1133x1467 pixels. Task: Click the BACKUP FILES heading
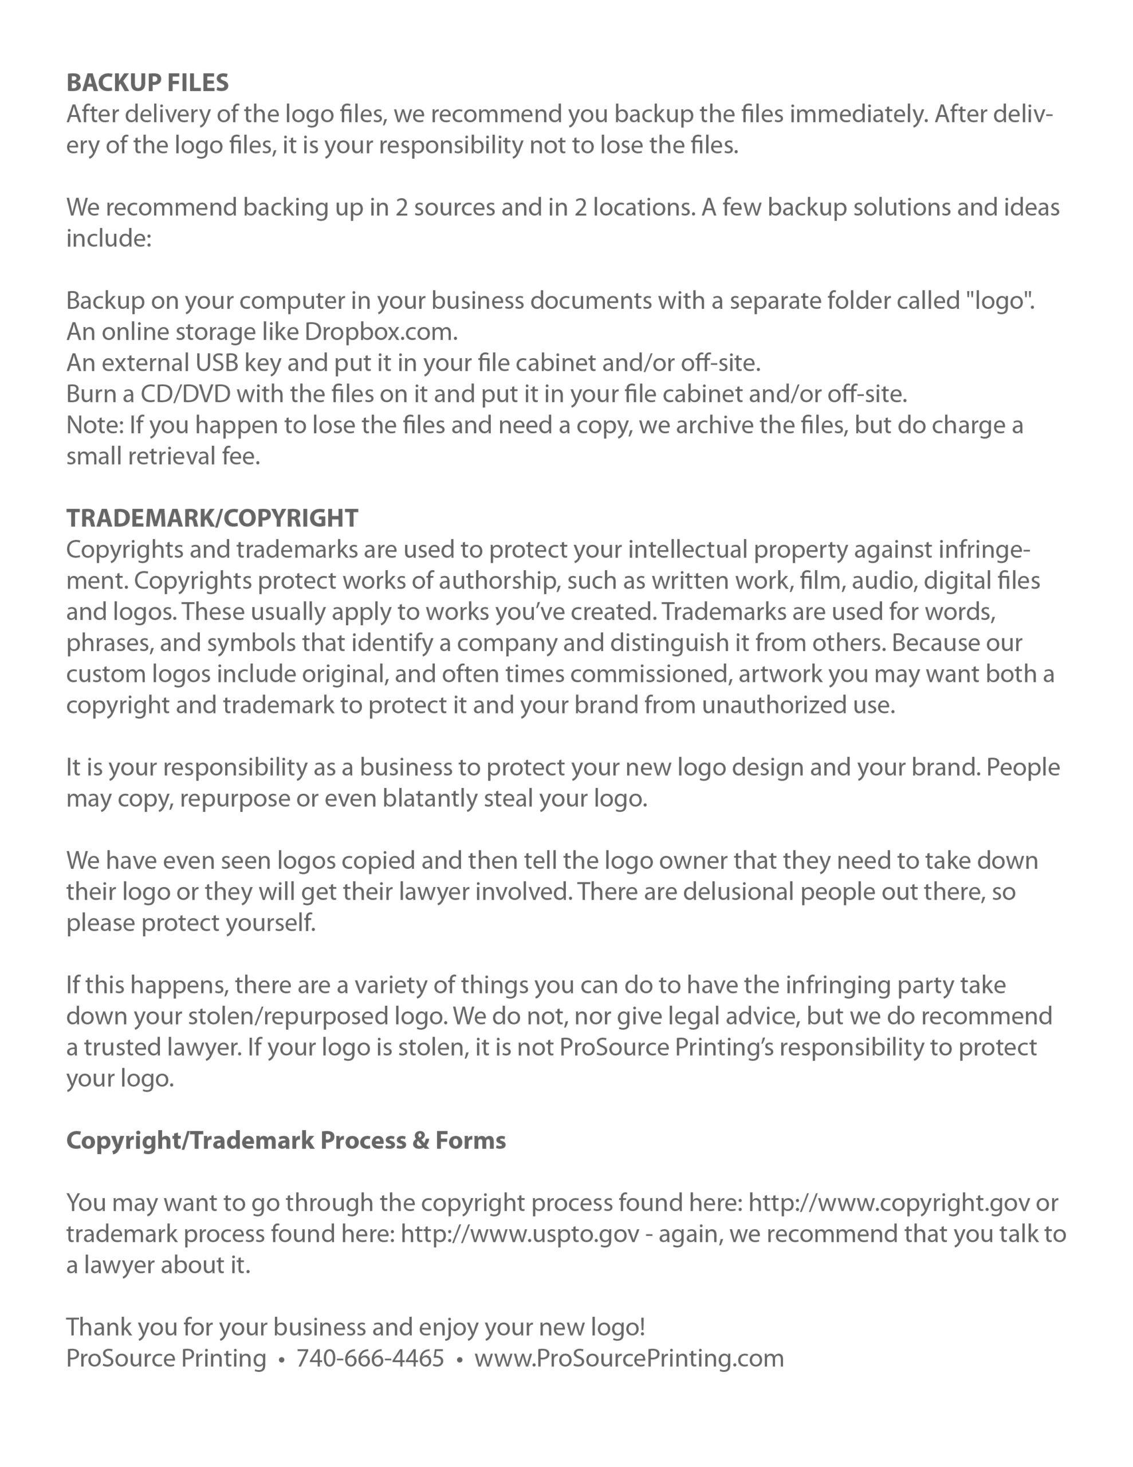point(147,83)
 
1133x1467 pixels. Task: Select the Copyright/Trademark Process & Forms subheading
point(285,1140)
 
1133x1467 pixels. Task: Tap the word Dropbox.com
point(381,331)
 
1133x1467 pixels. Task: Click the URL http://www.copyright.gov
point(888,1202)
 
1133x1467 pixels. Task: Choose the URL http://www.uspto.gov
point(520,1233)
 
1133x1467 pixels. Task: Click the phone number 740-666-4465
point(370,1358)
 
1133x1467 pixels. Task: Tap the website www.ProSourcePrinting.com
point(628,1358)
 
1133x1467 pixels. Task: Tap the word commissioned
point(651,674)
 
